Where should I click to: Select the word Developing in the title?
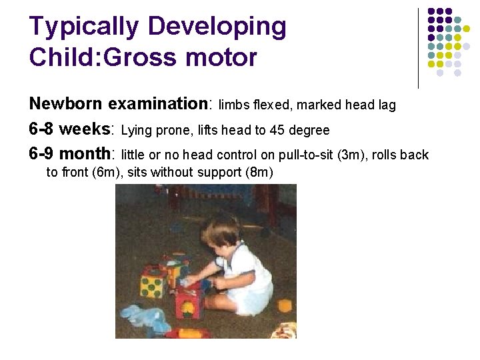tap(217, 27)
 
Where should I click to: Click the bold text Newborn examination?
tap(119, 104)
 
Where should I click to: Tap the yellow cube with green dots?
tap(153, 285)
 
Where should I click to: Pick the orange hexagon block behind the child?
tap(285, 305)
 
